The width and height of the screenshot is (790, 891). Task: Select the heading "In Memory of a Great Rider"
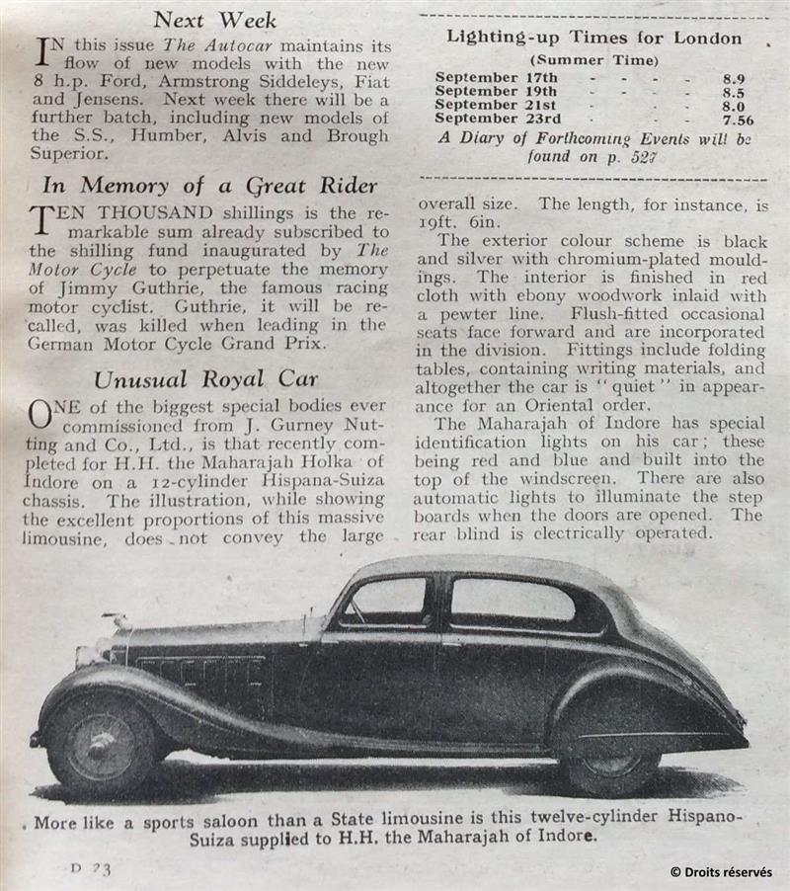coord(210,185)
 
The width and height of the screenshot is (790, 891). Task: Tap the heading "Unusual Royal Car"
coord(206,380)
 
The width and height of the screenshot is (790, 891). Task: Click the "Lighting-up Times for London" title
coord(593,39)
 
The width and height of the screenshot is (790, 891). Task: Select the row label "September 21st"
coord(496,105)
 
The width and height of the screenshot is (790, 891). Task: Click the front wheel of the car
coord(102,741)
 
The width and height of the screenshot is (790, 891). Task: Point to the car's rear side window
coord(513,601)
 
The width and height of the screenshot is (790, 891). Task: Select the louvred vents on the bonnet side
coord(202,673)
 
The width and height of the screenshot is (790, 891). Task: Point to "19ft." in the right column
coord(442,221)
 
